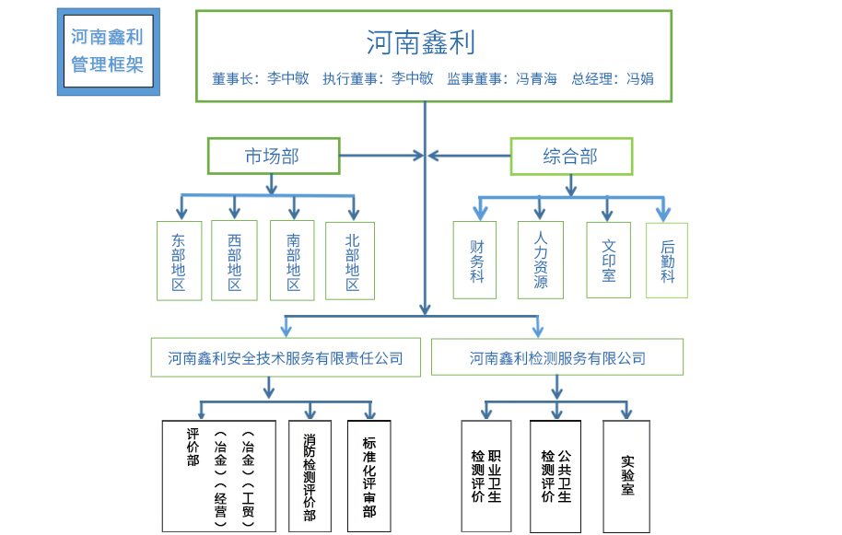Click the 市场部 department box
pos(273,157)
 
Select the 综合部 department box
pos(571,157)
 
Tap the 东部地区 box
pos(179,261)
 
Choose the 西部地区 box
pos(234,261)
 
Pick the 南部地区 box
pos(293,261)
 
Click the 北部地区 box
pos(350,261)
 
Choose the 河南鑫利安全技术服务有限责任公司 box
pos(286,357)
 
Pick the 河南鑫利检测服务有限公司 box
pos(557,357)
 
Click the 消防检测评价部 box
pos(310,475)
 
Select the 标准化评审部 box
pos(368,475)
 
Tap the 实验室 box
pos(626,475)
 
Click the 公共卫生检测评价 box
pos(555,475)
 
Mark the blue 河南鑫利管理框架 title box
pos(108,52)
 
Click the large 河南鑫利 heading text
pos(420,42)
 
